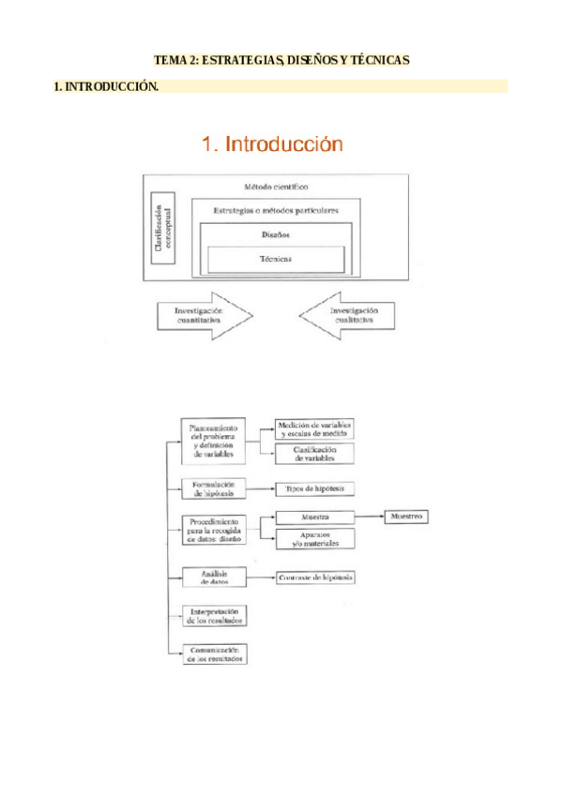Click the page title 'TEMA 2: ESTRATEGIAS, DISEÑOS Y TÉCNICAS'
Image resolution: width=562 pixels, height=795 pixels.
[281, 60]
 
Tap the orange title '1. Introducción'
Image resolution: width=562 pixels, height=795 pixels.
[272, 144]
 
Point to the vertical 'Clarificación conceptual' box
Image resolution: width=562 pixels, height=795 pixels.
[161, 227]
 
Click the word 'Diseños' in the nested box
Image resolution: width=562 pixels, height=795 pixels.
[276, 235]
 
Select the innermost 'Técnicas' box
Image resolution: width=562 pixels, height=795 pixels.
[276, 259]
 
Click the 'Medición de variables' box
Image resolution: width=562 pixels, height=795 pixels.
[314, 430]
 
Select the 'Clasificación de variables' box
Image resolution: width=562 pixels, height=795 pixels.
[314, 454]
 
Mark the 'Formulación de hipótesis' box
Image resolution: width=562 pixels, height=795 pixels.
[213, 488]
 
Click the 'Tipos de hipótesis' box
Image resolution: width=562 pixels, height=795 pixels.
[314, 489]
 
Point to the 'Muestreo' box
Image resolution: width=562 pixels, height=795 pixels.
[406, 517]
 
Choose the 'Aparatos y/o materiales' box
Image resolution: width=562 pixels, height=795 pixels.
[314, 538]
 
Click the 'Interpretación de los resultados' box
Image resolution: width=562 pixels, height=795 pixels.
[213, 615]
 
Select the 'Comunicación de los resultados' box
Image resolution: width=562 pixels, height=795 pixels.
[213, 653]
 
